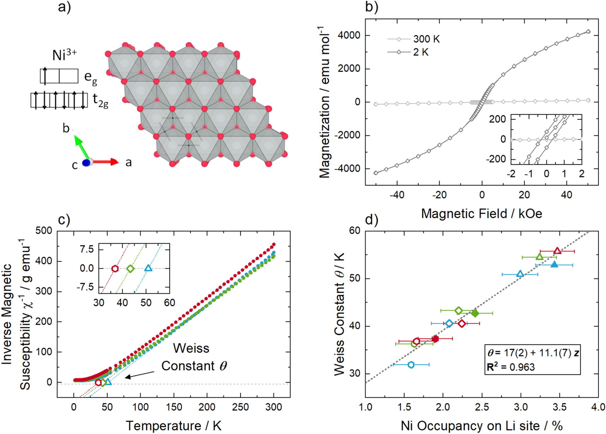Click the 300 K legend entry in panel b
(426, 39)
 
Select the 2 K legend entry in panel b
(421, 52)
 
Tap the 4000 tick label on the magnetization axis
(349, 35)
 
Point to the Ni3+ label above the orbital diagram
(64, 54)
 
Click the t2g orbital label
(100, 101)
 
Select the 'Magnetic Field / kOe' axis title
(481, 214)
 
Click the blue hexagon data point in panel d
(411, 365)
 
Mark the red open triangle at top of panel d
(557, 251)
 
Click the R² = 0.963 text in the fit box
(511, 367)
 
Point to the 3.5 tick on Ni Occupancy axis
(559, 407)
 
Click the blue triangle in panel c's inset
(148, 268)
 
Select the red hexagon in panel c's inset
(115, 269)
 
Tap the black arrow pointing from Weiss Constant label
(139, 375)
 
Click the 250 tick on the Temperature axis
(240, 407)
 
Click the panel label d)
(372, 219)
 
